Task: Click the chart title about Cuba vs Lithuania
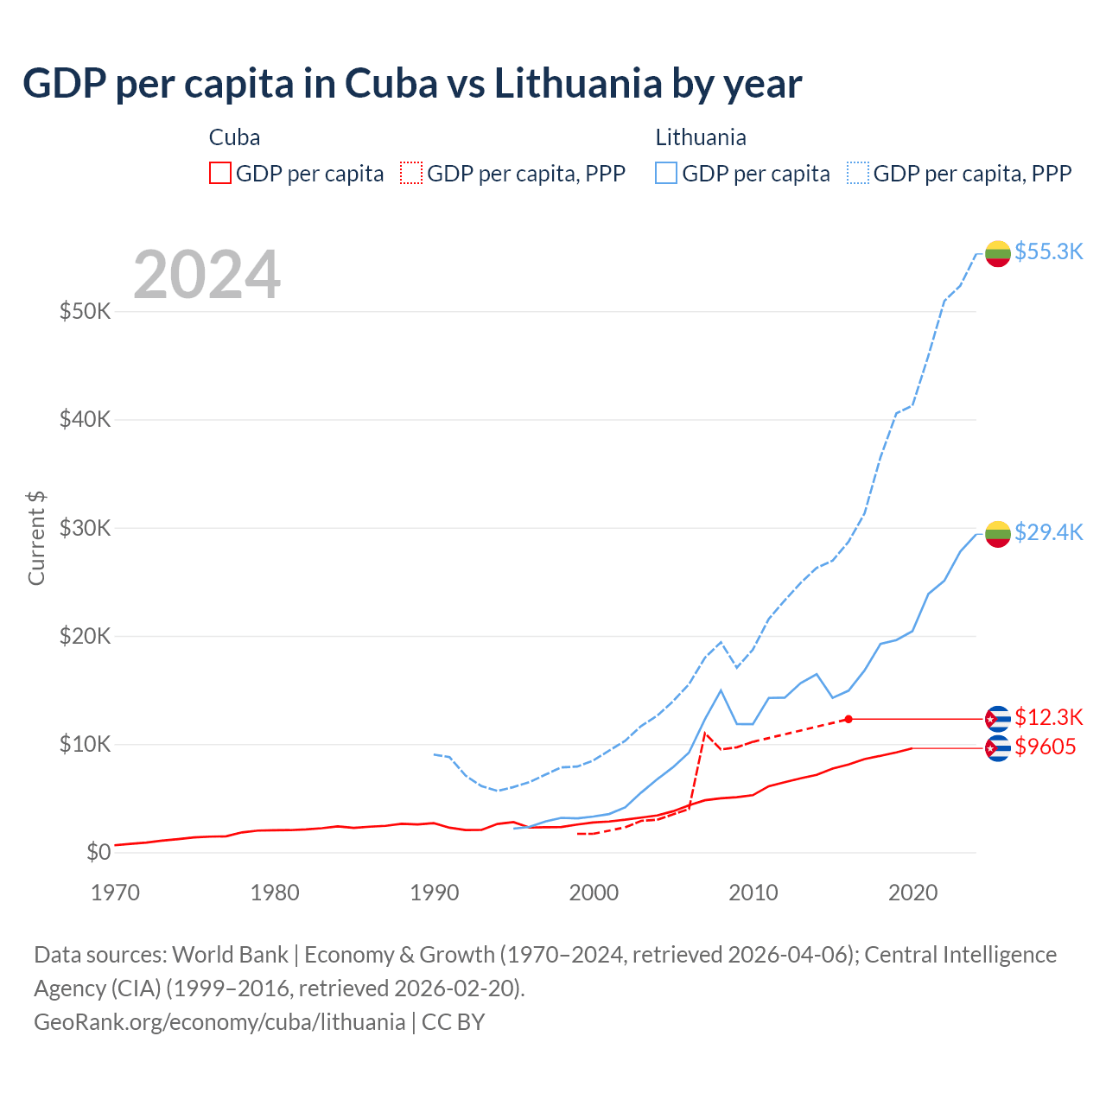412,84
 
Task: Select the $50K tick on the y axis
85,311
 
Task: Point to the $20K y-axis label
85,636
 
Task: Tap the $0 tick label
99,853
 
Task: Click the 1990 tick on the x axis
435,893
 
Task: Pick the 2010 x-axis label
753,893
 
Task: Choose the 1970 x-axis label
115,893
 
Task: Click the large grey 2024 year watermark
207,275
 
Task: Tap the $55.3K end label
1048,251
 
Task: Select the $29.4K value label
1048,532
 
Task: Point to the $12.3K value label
1048,717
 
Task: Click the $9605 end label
1046,747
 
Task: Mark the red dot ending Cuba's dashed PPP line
849,719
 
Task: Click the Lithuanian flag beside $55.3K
998,253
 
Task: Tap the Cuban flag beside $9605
998,748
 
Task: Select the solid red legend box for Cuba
220,173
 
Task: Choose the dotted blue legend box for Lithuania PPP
858,173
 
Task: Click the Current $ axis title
36,537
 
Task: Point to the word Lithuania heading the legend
701,137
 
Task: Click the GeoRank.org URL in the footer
219,1022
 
